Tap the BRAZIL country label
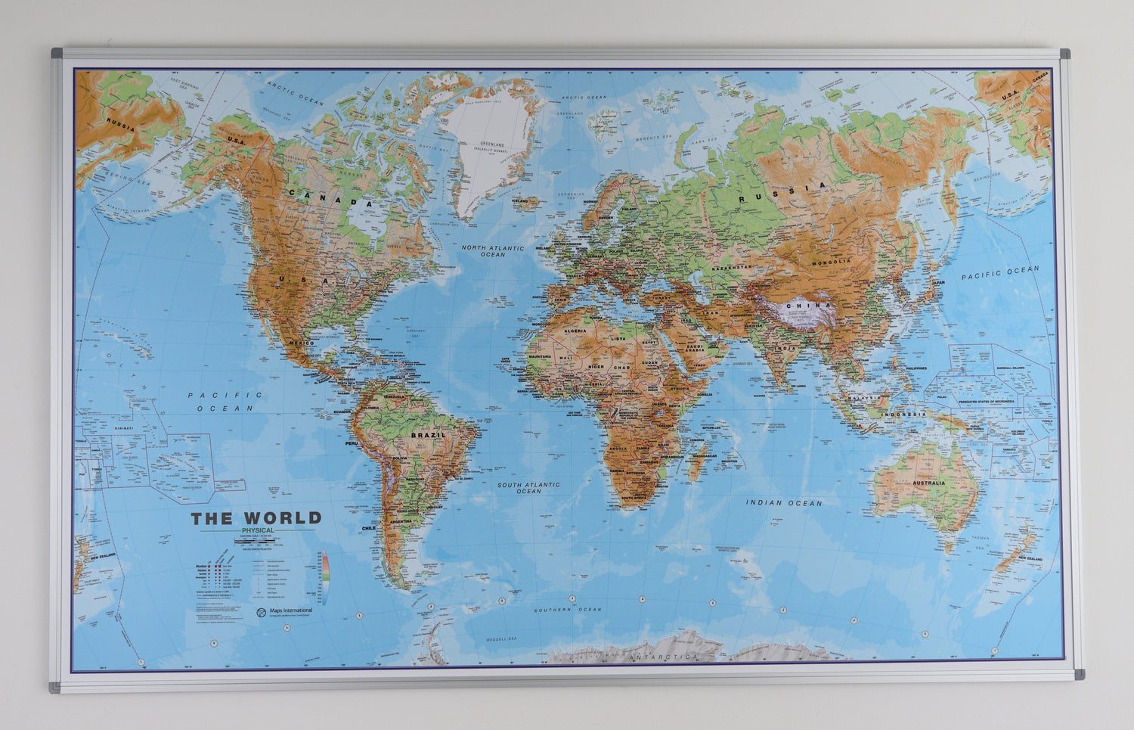[x=429, y=436]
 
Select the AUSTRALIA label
[x=928, y=483]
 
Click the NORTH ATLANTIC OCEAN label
[x=493, y=251]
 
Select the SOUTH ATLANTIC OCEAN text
[x=528, y=487]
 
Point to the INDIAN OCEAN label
[x=784, y=502]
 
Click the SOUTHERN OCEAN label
[x=568, y=609]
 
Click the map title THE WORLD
[x=256, y=518]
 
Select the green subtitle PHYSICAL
[x=258, y=531]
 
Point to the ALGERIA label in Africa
[x=576, y=331]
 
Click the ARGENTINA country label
[x=401, y=521]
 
